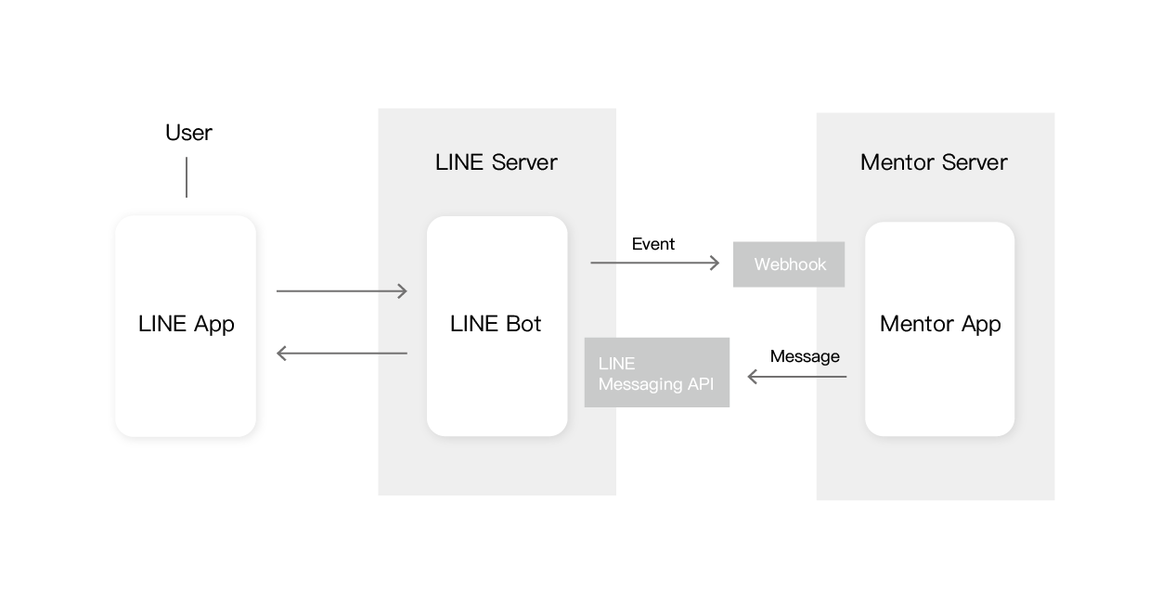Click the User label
(x=188, y=133)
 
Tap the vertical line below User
(x=187, y=177)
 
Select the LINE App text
(x=186, y=324)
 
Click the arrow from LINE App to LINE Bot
(x=342, y=291)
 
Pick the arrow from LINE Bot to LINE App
(x=342, y=354)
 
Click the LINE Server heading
(x=496, y=162)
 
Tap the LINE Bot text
(x=496, y=324)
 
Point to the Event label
(x=652, y=244)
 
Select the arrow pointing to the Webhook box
(x=654, y=264)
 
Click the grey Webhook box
(x=789, y=264)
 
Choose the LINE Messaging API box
(x=656, y=373)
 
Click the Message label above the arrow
(x=804, y=356)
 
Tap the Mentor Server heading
(x=933, y=162)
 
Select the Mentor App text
(x=939, y=324)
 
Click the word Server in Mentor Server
(x=970, y=162)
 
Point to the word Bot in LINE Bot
(x=523, y=324)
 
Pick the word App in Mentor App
(x=981, y=325)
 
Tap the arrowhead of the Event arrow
(x=715, y=264)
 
